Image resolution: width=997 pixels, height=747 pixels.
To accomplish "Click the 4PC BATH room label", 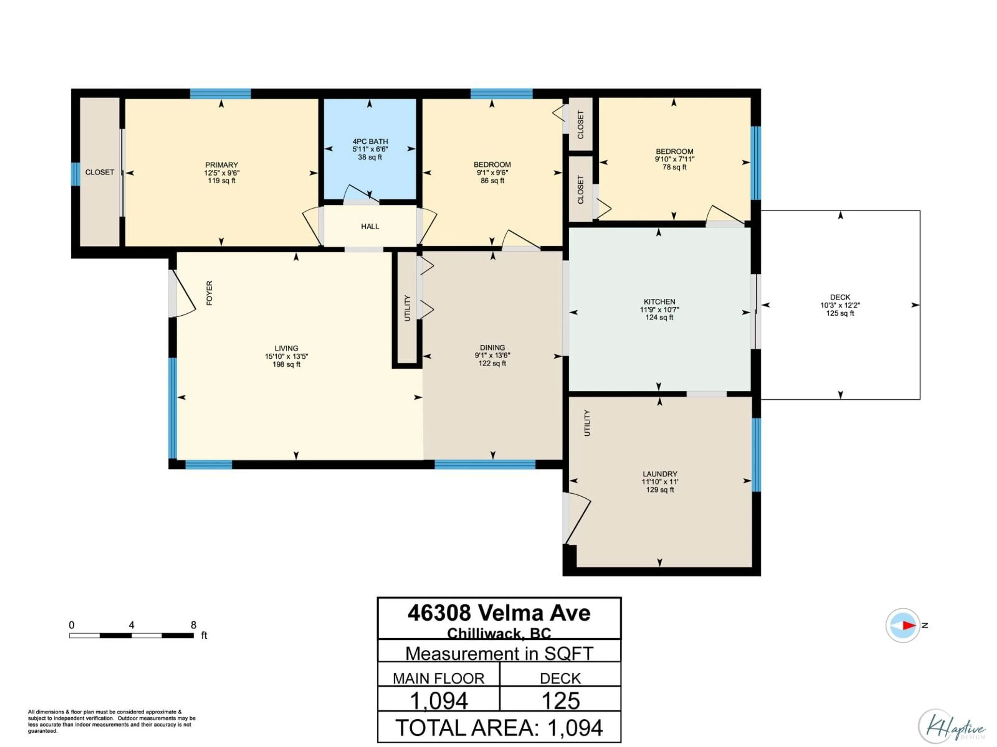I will [x=370, y=141].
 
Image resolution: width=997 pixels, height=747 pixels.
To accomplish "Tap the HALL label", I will [x=370, y=226].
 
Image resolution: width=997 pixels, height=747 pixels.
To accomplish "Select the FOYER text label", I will [x=209, y=293].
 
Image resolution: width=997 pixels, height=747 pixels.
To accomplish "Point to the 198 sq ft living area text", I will [x=286, y=364].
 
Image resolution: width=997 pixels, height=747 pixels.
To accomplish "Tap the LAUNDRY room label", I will [x=659, y=474].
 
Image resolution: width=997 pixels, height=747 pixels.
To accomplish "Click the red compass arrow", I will [x=909, y=625].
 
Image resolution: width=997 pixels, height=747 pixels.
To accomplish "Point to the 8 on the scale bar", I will [x=193, y=625].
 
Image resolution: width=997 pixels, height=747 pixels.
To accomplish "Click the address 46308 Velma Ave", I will [x=499, y=613].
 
